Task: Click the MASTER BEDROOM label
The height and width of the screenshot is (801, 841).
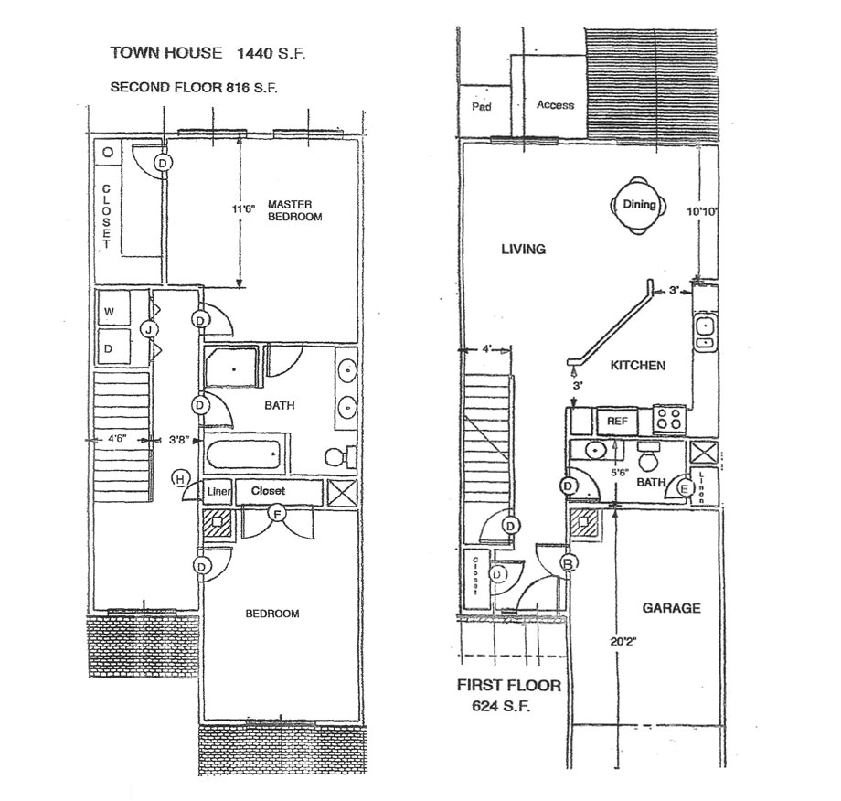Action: click(x=294, y=210)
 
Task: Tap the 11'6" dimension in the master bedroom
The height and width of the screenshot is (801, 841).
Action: click(x=243, y=209)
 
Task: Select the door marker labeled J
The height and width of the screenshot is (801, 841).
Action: click(x=149, y=329)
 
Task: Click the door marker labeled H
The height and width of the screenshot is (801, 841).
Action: click(x=181, y=478)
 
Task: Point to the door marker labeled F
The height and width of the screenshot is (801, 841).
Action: click(x=277, y=514)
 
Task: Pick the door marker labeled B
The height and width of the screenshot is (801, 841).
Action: click(x=569, y=563)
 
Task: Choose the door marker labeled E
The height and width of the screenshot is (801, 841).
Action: click(x=684, y=488)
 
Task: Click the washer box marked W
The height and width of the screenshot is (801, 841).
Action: click(x=113, y=311)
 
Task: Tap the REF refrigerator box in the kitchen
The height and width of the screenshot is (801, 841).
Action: click(x=617, y=422)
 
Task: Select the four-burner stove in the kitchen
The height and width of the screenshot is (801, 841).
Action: click(x=669, y=419)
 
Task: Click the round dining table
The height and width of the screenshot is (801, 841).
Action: click(x=639, y=205)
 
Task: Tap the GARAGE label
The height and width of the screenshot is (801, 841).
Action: click(x=672, y=608)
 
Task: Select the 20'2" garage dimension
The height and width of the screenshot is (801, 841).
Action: click(x=623, y=642)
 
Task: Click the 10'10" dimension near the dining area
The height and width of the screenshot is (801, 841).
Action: click(x=702, y=212)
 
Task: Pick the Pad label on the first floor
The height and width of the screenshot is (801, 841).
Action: click(x=481, y=107)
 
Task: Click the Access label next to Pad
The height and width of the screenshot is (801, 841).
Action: click(x=555, y=105)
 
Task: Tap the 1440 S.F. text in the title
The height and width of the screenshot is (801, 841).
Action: click(x=271, y=53)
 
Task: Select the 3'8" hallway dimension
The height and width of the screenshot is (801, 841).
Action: click(x=179, y=440)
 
